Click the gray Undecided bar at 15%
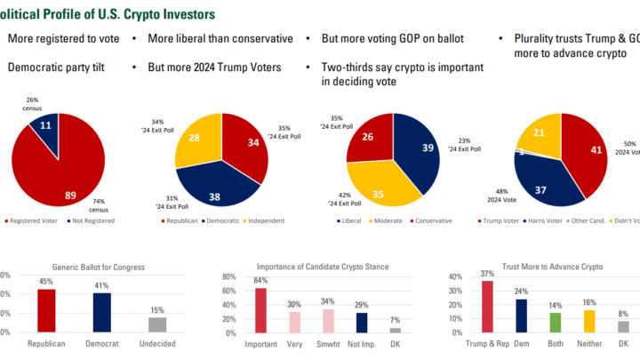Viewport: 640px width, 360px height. pyautogui.click(x=157, y=324)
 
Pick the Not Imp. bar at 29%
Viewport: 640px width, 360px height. pyautogui.click(x=361, y=321)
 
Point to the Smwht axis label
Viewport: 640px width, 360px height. pyautogui.click(x=327, y=344)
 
